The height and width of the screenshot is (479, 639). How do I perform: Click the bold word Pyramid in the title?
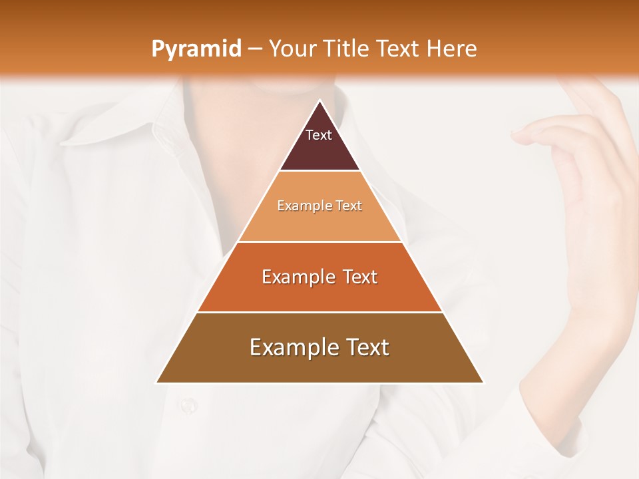(x=196, y=49)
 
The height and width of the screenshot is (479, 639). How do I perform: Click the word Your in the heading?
(x=294, y=49)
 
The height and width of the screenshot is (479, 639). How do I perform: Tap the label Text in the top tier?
(x=319, y=135)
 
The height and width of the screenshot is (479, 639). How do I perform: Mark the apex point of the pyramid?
(x=319, y=101)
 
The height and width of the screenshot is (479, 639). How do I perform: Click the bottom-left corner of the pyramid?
(x=157, y=383)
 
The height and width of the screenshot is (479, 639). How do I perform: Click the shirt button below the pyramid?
(x=188, y=404)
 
